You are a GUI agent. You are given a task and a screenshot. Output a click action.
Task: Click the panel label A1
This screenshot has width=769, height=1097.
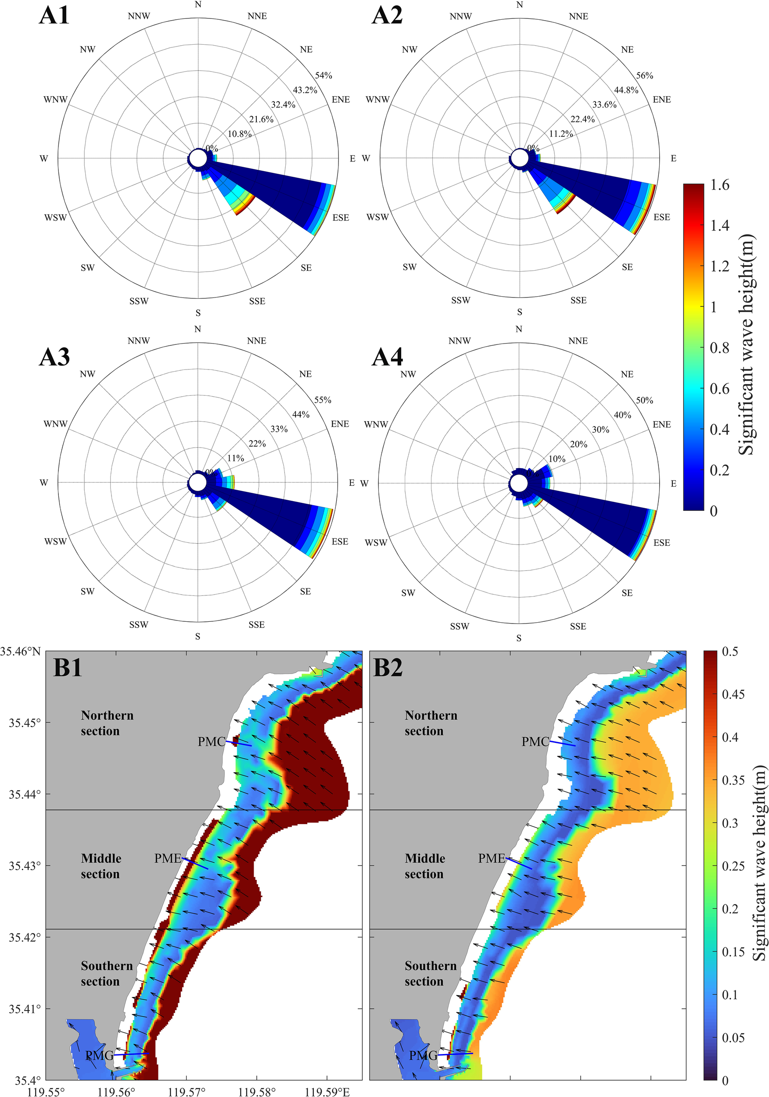(54, 15)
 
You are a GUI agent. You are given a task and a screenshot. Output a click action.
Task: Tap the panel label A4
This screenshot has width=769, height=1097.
(387, 357)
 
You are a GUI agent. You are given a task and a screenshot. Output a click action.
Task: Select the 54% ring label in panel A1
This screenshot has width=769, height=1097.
(323, 75)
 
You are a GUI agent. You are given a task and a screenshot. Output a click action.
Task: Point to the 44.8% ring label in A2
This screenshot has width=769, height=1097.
(626, 90)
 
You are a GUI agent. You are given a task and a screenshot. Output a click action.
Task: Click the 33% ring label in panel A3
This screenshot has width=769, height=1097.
(279, 429)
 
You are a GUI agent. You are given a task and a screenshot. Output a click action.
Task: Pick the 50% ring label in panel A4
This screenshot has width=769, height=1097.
(644, 400)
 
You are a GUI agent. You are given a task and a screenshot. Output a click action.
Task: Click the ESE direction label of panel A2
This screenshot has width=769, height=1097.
(661, 217)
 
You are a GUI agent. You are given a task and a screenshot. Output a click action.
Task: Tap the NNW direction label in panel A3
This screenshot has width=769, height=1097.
(139, 341)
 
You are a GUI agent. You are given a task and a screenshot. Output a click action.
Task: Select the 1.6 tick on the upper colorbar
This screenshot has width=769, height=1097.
(719, 185)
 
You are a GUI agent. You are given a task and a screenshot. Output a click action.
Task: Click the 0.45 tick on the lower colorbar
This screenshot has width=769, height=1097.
(733, 694)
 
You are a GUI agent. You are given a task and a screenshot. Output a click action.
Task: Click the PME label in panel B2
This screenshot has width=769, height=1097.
(491, 859)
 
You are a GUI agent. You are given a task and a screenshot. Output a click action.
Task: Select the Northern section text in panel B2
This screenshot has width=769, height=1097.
(431, 723)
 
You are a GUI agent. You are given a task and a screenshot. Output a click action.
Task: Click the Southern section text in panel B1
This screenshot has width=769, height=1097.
(107, 973)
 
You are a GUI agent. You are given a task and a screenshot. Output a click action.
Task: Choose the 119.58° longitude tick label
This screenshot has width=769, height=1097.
(257, 1092)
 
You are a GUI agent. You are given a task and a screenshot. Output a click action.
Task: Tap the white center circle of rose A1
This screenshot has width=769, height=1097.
(198, 158)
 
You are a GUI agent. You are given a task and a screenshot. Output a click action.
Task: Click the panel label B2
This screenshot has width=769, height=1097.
(388, 667)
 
